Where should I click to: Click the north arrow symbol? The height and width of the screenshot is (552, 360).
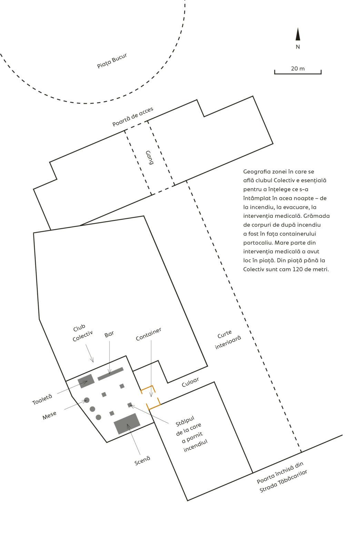coord(298,34)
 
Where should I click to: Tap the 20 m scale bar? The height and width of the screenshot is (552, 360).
coord(298,72)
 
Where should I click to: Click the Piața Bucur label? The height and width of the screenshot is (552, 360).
coord(112,61)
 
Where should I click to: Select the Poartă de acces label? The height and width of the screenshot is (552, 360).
coord(133,117)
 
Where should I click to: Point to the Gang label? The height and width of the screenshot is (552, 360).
coord(149,157)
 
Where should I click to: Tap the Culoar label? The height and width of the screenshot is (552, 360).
coord(190,382)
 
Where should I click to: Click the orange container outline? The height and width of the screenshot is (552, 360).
coord(150,397)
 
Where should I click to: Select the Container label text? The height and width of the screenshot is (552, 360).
coord(148,334)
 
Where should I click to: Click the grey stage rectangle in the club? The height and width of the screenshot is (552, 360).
coord(127,424)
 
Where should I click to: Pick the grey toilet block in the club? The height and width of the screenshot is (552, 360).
coord(86,381)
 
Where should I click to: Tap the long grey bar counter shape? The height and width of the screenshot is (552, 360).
coord(110,374)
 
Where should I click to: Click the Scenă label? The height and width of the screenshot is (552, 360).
coord(142,461)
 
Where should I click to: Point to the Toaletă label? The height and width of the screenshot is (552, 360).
coord(42,400)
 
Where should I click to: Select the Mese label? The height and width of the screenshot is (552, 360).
coord(49,416)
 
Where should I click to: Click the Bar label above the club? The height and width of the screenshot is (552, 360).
coord(109,334)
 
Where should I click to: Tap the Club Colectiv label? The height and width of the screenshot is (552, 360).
coord(81,333)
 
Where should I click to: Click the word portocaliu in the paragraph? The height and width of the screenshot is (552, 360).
coord(258,243)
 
